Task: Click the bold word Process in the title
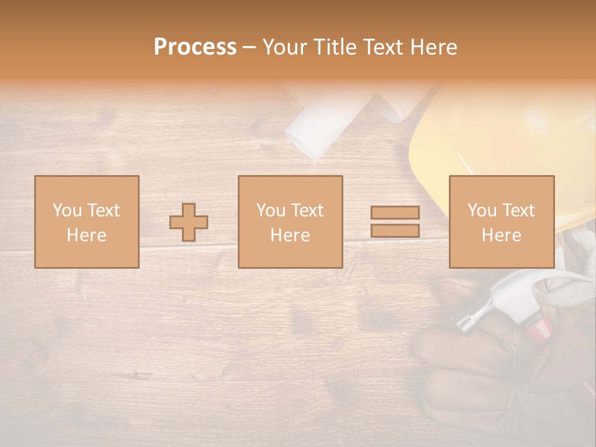click(x=195, y=47)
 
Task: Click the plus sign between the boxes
click(x=189, y=222)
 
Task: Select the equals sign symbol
click(x=395, y=222)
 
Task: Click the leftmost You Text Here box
click(x=87, y=222)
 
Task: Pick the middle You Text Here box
click(x=290, y=222)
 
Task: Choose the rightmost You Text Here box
click(x=502, y=222)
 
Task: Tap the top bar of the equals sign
click(x=395, y=212)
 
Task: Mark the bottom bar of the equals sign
click(x=395, y=231)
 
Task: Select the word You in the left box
click(x=66, y=210)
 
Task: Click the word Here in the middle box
click(x=290, y=235)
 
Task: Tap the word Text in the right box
click(x=518, y=210)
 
